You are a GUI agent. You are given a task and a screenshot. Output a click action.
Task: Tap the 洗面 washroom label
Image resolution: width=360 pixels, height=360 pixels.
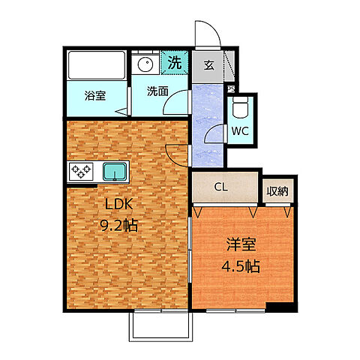157,92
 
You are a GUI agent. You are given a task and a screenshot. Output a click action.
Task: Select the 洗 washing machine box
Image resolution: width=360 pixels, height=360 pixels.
173,63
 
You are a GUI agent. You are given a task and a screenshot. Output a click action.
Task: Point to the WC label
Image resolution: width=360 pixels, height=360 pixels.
240,131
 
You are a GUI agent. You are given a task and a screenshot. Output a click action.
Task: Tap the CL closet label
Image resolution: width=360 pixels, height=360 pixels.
220,187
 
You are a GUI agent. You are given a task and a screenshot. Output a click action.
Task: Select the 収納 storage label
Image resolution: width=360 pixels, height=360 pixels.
277,190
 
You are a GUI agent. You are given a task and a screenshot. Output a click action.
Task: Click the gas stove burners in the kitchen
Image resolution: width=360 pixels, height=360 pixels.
81,171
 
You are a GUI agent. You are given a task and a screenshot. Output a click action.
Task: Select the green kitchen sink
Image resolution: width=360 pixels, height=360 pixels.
115,172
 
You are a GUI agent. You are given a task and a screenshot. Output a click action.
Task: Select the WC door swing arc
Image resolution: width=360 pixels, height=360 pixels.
215,135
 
